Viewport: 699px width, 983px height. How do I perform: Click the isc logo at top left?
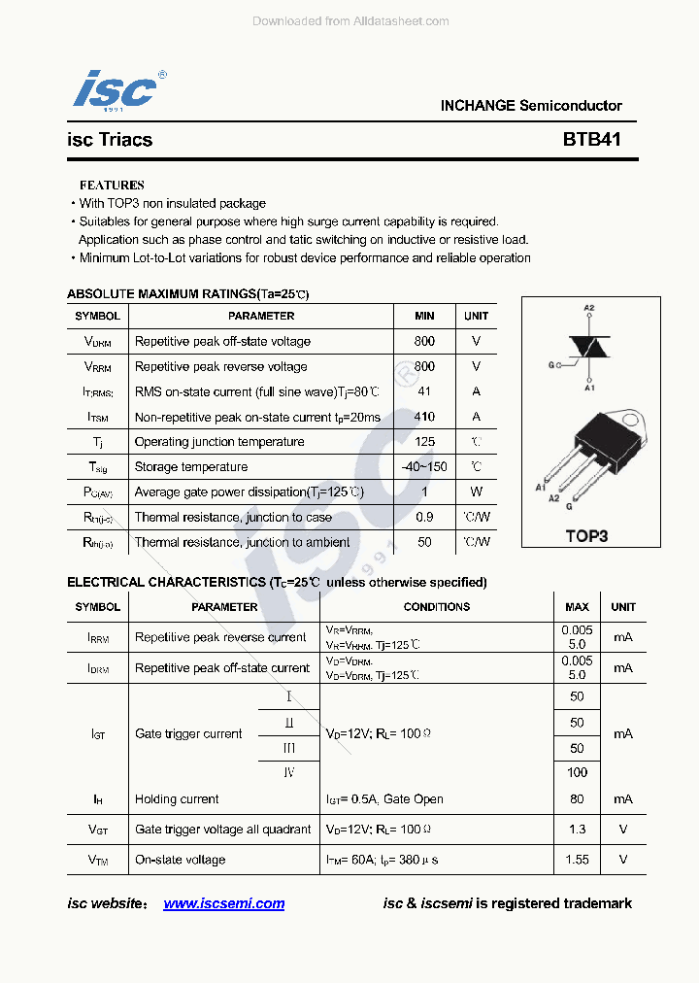click(116, 89)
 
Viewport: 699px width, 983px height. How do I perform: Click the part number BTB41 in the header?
click(591, 139)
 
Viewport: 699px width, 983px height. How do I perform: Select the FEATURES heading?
click(112, 185)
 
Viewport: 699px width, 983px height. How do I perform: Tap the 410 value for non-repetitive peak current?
click(424, 417)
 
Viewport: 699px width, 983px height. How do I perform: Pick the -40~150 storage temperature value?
click(424, 466)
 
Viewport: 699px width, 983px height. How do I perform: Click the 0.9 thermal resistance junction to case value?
click(424, 517)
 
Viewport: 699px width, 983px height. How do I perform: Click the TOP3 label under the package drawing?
click(586, 535)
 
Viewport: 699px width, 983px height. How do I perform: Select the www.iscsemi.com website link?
click(224, 903)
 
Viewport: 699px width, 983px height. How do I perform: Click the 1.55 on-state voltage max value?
click(577, 860)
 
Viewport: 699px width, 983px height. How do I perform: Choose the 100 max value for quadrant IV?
click(577, 772)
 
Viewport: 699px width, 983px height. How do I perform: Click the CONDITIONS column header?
click(437, 607)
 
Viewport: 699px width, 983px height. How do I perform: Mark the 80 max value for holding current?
click(577, 798)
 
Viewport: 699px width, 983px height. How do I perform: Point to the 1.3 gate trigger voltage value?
click(577, 830)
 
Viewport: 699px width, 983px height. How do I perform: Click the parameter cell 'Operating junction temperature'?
click(219, 442)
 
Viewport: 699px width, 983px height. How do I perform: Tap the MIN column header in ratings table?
click(424, 316)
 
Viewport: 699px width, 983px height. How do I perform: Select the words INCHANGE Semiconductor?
click(531, 106)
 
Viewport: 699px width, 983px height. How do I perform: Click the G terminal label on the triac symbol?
click(550, 365)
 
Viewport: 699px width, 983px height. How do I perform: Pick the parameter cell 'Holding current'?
click(177, 799)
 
